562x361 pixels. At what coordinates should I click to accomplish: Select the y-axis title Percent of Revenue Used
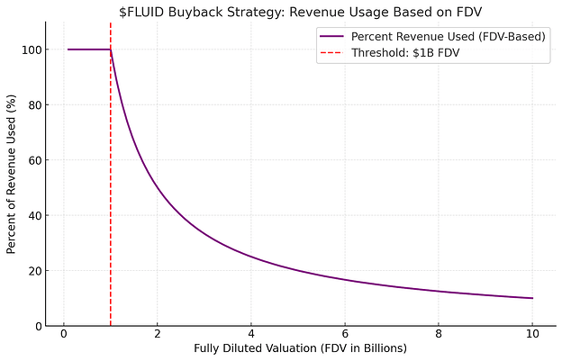(x=12, y=174)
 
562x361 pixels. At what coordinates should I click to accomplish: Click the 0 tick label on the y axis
(x=35, y=326)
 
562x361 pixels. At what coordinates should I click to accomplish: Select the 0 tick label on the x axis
(x=64, y=335)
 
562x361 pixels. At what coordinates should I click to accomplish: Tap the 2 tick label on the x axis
(x=158, y=335)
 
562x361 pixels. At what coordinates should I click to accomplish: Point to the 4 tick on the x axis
(x=251, y=335)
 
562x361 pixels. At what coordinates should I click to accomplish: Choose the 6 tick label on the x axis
(x=345, y=335)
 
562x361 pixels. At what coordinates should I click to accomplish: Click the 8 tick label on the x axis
(x=439, y=335)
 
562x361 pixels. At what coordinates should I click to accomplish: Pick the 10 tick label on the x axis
(x=532, y=335)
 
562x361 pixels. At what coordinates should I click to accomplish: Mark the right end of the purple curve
(x=532, y=298)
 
